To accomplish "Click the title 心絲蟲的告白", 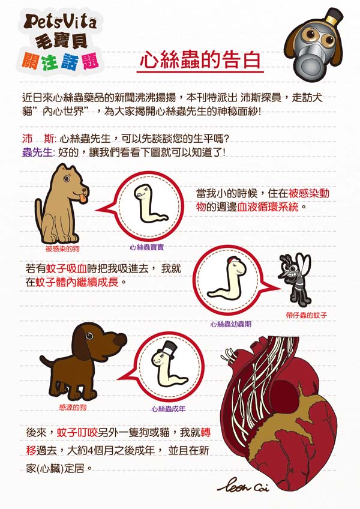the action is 200,60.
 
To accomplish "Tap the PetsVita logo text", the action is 61,22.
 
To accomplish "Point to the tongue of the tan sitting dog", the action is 83,198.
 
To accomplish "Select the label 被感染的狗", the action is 62,248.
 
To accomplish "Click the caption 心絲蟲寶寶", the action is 147,247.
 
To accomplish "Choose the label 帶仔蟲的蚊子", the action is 307,315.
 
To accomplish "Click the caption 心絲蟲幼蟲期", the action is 231,324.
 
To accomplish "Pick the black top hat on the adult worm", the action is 168,349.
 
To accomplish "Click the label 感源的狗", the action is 73,408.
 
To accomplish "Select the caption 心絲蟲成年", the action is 168,409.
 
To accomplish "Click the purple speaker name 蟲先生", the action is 37,152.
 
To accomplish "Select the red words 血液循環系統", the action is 267,206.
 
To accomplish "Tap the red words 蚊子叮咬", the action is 77,432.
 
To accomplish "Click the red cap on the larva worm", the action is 232,259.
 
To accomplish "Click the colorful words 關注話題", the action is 60,61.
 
